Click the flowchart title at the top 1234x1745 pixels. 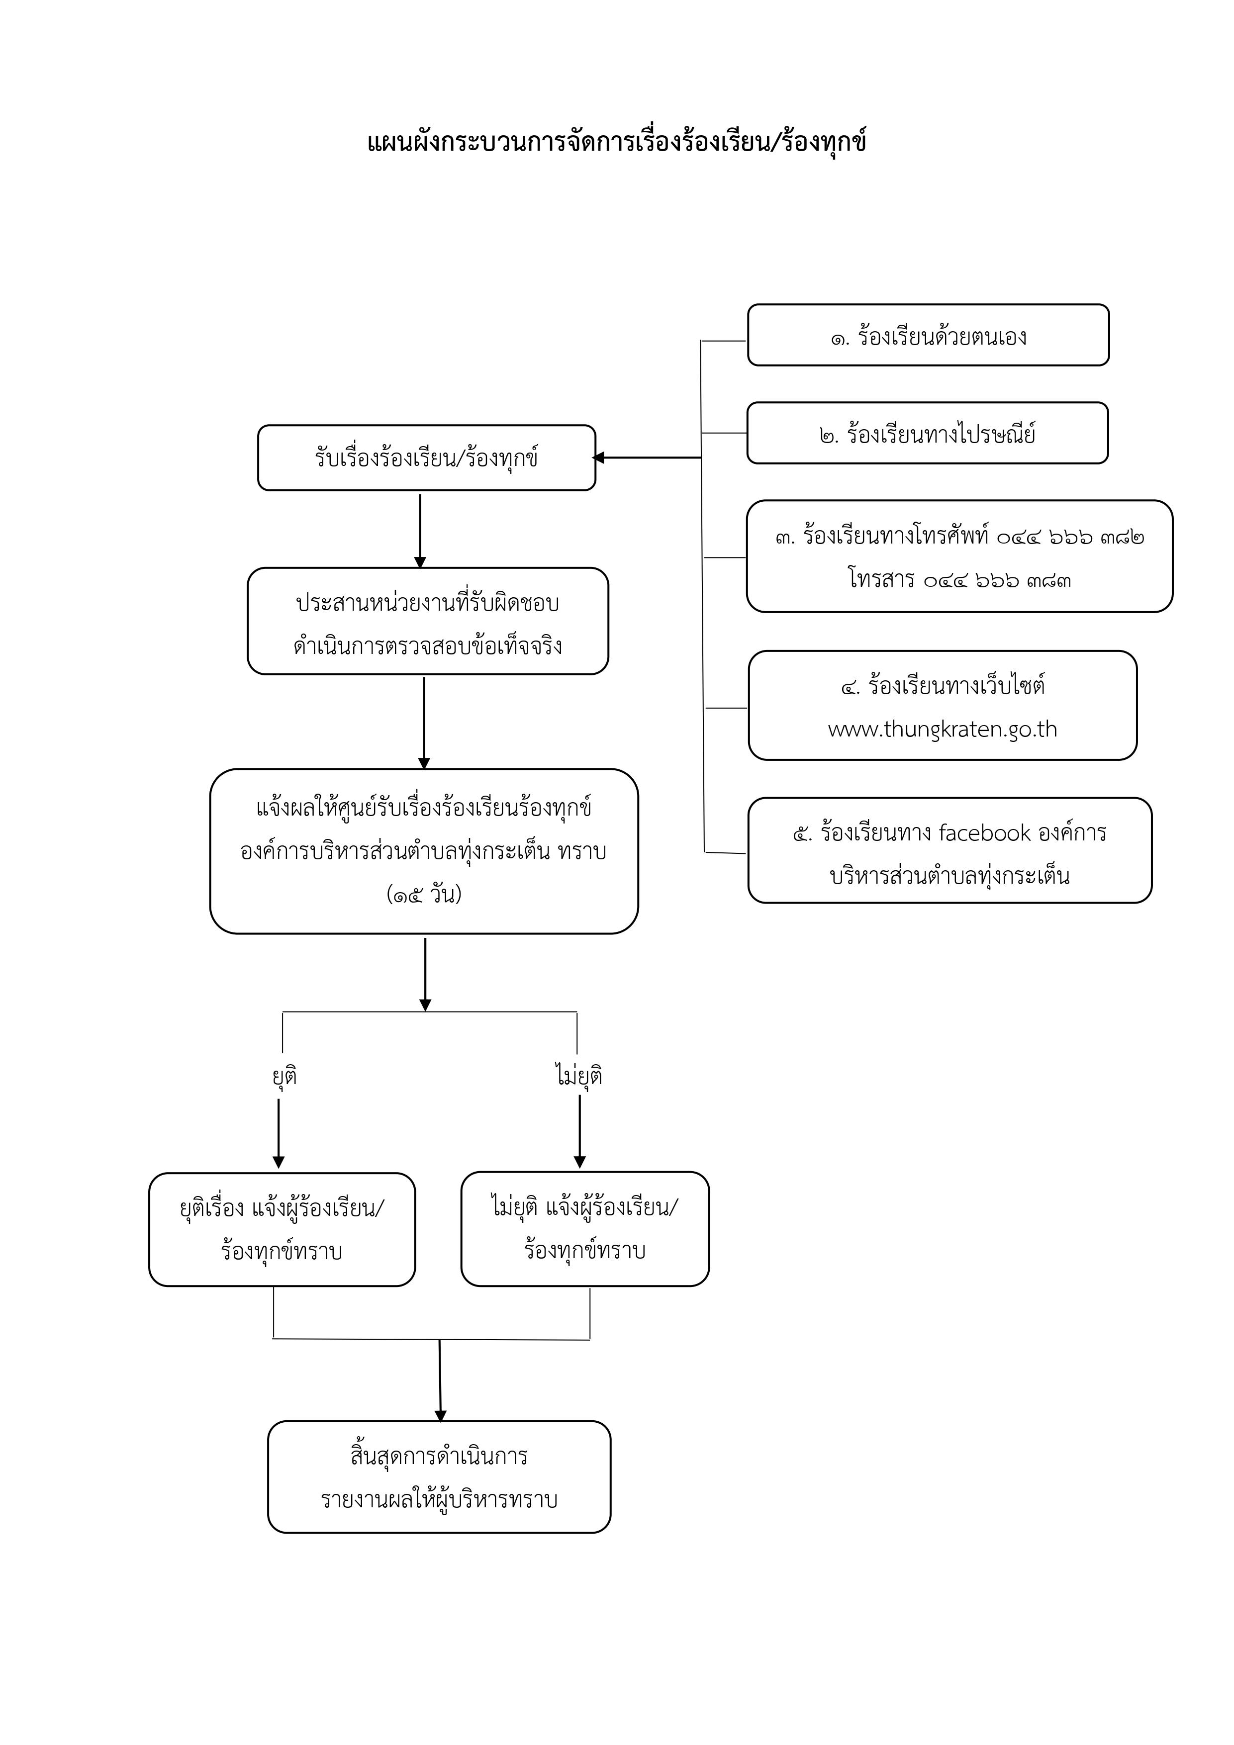pos(617,142)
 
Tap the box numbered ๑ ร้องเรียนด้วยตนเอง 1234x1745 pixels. pos(928,335)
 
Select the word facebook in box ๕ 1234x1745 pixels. pos(985,833)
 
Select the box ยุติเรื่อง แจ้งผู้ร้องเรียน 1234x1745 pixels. pos(282,1229)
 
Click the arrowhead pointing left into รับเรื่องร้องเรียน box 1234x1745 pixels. pos(598,458)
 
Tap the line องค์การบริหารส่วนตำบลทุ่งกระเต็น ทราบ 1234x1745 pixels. pos(423,852)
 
